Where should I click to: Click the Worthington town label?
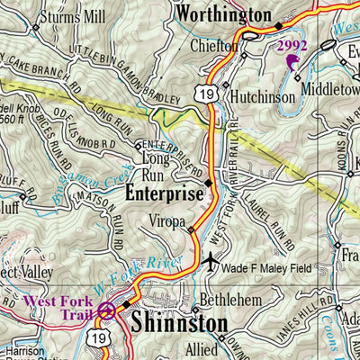tap(222, 14)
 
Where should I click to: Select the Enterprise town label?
tap(164, 193)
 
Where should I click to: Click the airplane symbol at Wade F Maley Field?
tap(211, 263)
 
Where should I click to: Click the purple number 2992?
tap(292, 44)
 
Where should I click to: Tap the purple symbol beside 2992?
tap(292, 61)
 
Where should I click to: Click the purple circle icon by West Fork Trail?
tap(107, 312)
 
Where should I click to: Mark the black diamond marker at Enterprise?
tap(209, 184)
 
